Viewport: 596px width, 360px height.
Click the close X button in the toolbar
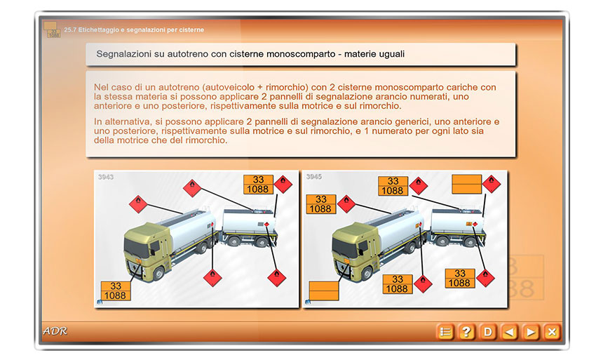coord(552,332)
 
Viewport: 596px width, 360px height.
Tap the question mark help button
coord(466,332)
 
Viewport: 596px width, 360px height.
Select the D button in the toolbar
coord(488,332)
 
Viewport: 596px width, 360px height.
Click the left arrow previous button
coord(509,332)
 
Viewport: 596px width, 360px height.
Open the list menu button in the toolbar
coord(445,332)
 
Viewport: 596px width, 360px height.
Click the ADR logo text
coord(55,331)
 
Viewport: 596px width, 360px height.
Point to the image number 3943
coord(106,177)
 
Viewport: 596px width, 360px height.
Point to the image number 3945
coord(314,177)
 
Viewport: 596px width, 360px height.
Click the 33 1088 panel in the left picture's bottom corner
coord(116,291)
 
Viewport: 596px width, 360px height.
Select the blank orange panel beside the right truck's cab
coord(324,291)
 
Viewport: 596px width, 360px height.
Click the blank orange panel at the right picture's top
coord(467,184)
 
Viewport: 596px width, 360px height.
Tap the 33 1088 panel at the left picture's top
coord(258,185)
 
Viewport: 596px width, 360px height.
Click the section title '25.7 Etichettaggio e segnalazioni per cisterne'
coord(134,29)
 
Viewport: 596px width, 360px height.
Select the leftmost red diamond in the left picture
coord(138,204)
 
